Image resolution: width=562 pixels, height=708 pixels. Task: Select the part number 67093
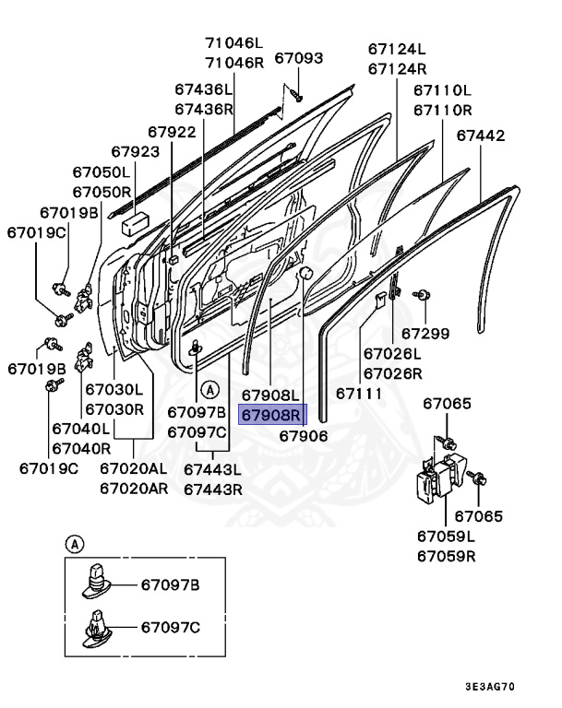[x=299, y=58]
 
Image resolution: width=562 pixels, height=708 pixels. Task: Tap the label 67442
[x=481, y=135]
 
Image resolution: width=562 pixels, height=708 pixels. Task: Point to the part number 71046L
[x=233, y=43]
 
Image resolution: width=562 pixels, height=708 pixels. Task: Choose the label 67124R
[x=397, y=68]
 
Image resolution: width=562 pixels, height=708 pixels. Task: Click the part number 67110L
[x=442, y=90]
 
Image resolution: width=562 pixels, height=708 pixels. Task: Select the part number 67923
[x=135, y=151]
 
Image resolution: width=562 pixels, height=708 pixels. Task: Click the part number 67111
[x=359, y=393]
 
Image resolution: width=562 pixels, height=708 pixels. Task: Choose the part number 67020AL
[x=134, y=469]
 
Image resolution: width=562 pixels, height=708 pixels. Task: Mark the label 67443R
[x=212, y=489]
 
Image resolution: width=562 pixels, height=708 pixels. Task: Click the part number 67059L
[x=446, y=537]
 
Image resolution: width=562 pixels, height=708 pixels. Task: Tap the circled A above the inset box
[x=71, y=544]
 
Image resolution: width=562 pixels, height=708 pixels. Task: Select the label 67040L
[x=81, y=429]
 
